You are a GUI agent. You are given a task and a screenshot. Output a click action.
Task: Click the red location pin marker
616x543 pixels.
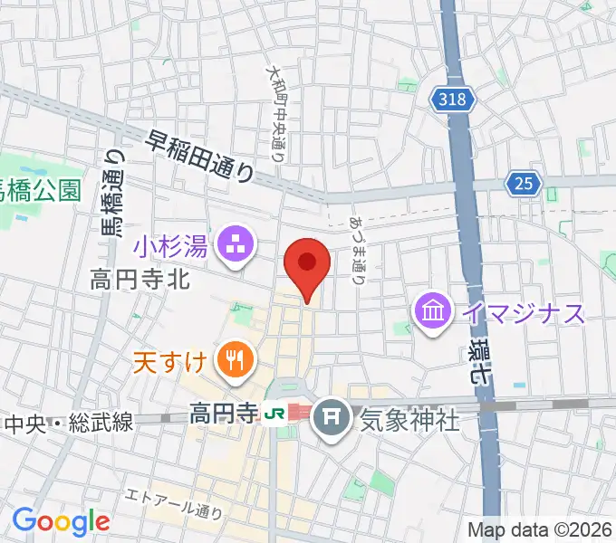(307, 265)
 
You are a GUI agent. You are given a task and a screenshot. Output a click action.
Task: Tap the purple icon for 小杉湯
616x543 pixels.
(236, 244)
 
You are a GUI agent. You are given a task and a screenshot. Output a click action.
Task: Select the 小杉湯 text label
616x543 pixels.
(172, 243)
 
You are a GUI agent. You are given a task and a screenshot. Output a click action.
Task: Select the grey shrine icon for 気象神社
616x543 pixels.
(335, 417)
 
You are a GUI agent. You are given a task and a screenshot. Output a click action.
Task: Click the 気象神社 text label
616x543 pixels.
(410, 419)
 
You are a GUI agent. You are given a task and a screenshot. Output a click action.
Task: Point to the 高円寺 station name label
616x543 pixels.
(223, 415)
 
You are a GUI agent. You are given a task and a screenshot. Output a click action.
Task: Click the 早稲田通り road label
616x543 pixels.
(200, 155)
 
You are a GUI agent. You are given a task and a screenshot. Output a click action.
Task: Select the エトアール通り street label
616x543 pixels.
(176, 504)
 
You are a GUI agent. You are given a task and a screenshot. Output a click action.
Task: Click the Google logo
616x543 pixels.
(61, 521)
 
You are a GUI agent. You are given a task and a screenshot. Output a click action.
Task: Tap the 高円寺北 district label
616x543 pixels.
(140, 280)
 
